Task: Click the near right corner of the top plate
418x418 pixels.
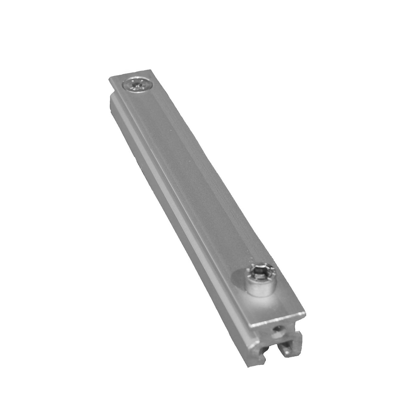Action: pyautogui.click(x=305, y=313)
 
